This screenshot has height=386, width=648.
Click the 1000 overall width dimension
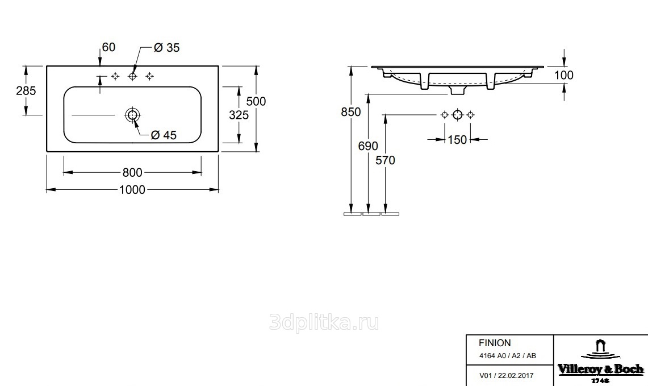click(x=132, y=189)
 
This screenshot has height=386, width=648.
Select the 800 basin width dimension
click(x=132, y=172)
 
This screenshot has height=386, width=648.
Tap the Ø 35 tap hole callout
click(x=166, y=48)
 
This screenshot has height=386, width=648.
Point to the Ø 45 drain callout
click(x=164, y=135)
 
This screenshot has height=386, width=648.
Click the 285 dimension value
click(x=26, y=90)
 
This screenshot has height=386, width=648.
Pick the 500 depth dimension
click(x=256, y=101)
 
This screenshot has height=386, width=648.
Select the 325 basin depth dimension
click(x=239, y=115)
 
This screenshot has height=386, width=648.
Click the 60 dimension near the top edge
click(x=108, y=47)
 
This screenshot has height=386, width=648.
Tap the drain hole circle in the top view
click(x=132, y=115)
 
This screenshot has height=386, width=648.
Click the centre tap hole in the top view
click(x=132, y=76)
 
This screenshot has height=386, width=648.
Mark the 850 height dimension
click(x=351, y=111)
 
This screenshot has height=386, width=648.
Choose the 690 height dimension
click(x=368, y=146)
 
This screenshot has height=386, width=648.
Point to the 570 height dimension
click(x=385, y=160)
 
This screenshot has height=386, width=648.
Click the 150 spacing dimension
click(x=457, y=140)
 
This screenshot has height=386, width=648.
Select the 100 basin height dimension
click(x=564, y=75)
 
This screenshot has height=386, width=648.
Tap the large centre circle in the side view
click(x=458, y=115)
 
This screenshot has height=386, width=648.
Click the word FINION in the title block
click(x=495, y=343)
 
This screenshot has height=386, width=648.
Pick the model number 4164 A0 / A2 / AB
click(x=508, y=356)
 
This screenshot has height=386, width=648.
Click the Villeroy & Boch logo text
click(x=601, y=369)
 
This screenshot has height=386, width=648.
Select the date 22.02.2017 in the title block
click(x=516, y=376)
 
